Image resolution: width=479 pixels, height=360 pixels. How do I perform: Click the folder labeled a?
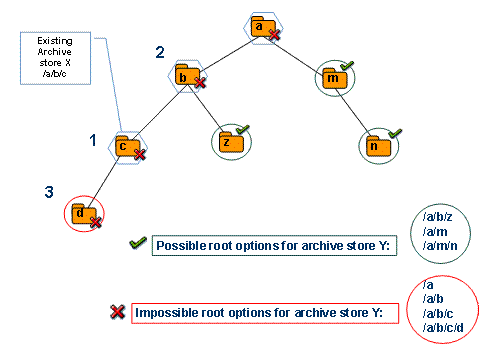[x=259, y=28]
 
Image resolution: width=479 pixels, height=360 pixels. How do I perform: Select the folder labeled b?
[x=183, y=76]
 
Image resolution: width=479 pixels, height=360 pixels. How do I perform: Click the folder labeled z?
[x=228, y=142]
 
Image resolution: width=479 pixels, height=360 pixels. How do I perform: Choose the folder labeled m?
[x=332, y=77]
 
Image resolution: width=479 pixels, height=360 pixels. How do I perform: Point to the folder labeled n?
[x=375, y=144]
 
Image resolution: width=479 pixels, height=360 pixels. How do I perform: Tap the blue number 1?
[x=94, y=141]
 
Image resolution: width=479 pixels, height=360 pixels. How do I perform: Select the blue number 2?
[x=157, y=52]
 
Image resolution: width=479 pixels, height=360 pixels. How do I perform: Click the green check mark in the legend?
[x=138, y=244]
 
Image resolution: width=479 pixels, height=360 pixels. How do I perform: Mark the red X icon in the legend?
[x=117, y=313]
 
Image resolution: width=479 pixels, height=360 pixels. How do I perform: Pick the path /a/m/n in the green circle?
[x=441, y=245]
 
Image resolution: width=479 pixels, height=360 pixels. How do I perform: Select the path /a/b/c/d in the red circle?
[x=444, y=327]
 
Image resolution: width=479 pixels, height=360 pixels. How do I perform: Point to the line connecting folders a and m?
[x=297, y=51]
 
